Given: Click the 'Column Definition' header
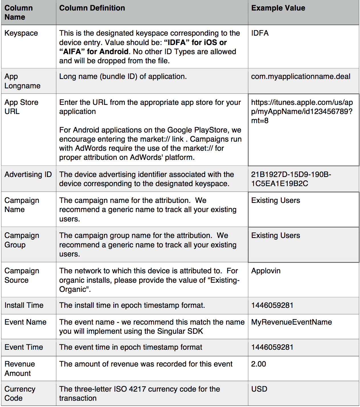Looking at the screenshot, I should [92, 8].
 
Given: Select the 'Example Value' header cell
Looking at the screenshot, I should [278, 8].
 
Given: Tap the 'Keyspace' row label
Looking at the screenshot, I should [21, 33].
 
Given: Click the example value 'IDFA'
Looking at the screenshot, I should [260, 33].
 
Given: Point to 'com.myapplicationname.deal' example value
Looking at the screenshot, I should [300, 76].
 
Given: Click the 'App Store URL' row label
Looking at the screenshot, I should [21, 107].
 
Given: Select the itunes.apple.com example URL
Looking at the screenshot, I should [302, 111].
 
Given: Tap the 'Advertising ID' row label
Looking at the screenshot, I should [28, 174].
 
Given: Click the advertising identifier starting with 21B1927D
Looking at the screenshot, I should [291, 179].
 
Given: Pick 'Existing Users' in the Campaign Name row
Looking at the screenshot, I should [275, 200].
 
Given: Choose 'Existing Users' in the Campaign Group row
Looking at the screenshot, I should [275, 235].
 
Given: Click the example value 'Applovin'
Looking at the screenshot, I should [265, 271].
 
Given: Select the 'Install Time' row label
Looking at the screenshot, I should [24, 305].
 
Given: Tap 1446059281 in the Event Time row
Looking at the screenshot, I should [272, 347].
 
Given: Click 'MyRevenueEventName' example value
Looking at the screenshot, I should [291, 322].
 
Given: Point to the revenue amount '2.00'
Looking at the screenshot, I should [258, 364].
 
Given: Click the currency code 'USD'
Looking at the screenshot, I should [259, 389].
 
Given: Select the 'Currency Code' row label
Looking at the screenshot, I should [20, 394].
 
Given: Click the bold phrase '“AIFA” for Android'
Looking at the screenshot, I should [94, 52].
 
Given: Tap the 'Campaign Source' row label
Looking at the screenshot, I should [22, 275].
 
